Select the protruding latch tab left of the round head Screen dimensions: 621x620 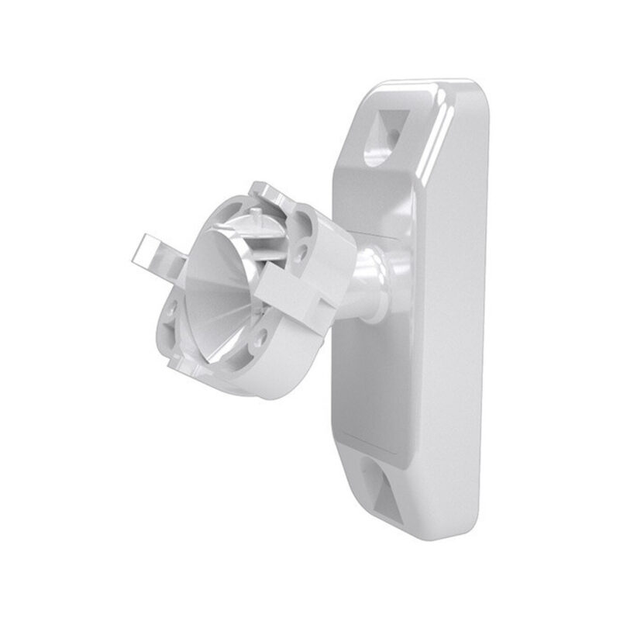click(x=155, y=251)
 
